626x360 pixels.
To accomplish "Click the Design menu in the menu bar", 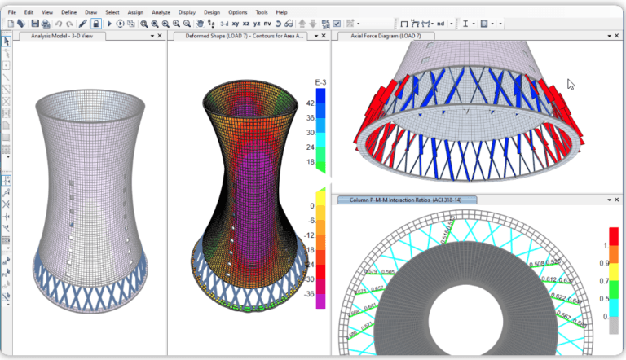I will pos(211,13).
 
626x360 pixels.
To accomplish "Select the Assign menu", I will pos(136,13).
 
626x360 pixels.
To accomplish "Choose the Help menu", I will pos(281,13).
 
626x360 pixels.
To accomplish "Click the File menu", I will pos(11,13).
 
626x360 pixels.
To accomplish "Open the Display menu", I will pos(187,13).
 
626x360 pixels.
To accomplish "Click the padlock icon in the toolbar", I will pos(96,24).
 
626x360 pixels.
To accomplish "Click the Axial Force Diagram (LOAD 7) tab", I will pos(386,36).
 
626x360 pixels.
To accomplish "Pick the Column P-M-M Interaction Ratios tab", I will pos(403,200).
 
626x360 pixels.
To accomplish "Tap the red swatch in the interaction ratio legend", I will pos(614,235).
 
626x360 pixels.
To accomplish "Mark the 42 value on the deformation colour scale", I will pos(311,103).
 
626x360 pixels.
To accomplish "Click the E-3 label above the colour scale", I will pos(320,82).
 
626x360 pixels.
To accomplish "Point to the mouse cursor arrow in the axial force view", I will pos(571,83).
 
